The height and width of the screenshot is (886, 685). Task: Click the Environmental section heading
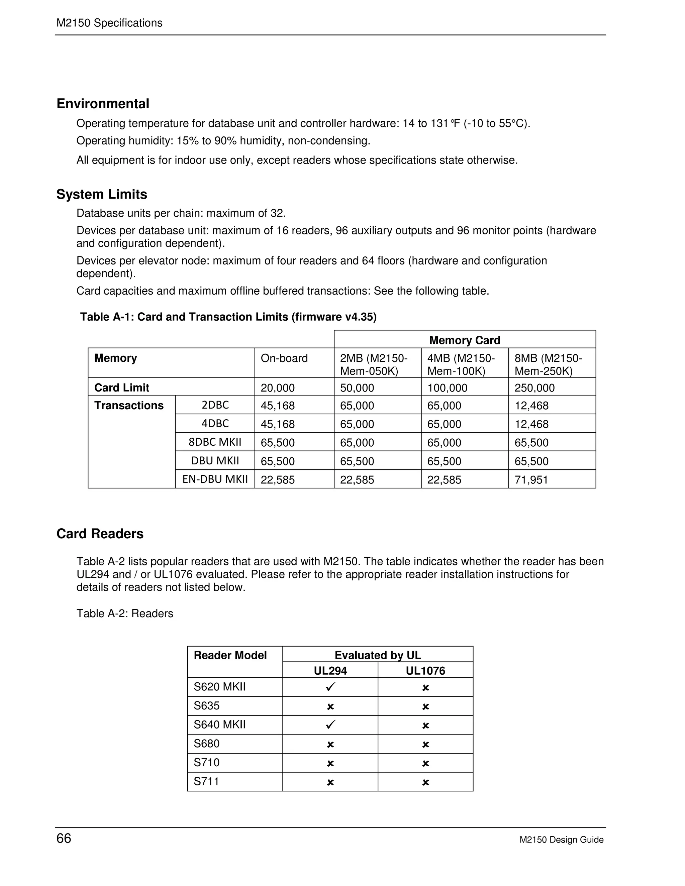[103, 104]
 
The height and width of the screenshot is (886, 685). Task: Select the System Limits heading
[101, 194]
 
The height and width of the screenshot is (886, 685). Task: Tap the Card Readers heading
[100, 534]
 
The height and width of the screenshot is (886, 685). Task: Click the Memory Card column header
[464, 340]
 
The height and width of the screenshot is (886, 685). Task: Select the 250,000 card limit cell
[534, 388]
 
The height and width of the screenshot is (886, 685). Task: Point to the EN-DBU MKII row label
[215, 479]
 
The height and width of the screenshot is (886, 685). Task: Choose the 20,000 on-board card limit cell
[278, 388]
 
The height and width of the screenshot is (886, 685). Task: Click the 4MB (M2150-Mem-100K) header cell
[461, 364]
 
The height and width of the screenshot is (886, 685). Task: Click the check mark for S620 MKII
[330, 687]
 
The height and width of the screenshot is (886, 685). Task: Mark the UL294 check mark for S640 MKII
[330, 725]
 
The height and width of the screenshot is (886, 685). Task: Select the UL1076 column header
[425, 671]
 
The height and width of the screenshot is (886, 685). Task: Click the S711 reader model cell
[207, 781]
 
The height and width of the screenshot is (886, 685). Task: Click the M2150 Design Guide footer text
[561, 840]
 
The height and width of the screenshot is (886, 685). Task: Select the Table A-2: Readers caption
[124, 614]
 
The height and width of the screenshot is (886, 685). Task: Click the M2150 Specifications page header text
[109, 23]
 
